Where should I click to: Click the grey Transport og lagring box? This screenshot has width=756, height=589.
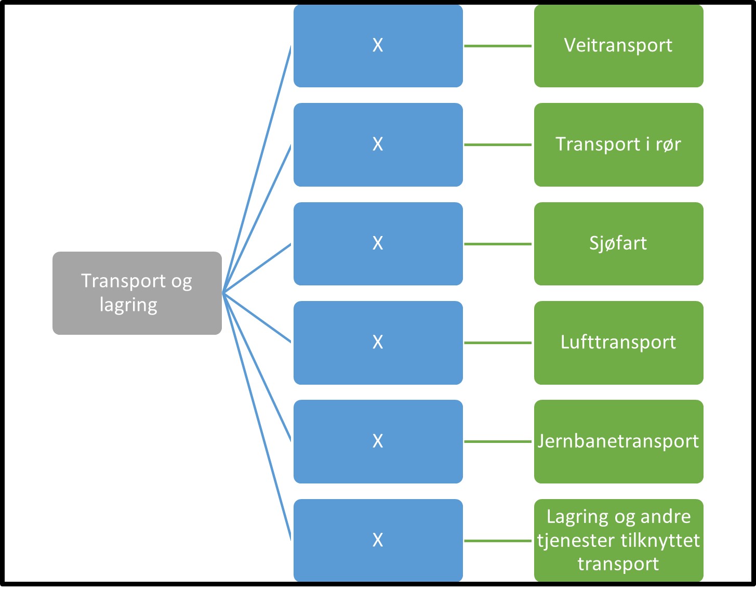[x=137, y=293]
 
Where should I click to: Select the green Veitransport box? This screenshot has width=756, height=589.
[x=618, y=46]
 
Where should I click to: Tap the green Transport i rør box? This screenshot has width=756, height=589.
[x=618, y=145]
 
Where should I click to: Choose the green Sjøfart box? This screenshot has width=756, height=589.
[x=618, y=243]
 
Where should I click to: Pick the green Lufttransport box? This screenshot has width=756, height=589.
[x=618, y=343]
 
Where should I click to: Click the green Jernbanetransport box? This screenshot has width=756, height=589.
[x=618, y=441]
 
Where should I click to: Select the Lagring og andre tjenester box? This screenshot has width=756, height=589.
[x=618, y=540]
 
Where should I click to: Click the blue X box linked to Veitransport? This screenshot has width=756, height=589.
[x=378, y=46]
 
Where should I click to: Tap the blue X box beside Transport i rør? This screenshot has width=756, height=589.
[x=378, y=145]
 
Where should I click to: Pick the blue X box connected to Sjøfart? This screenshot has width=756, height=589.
[x=378, y=243]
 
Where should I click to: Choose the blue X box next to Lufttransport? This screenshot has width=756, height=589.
[x=378, y=343]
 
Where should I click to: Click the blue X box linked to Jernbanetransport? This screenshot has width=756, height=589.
[x=378, y=441]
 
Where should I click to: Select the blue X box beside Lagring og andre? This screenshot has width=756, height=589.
[x=378, y=540]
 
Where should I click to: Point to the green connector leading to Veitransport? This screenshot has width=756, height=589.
[x=498, y=46]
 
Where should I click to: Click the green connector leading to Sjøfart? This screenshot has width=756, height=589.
[x=498, y=244]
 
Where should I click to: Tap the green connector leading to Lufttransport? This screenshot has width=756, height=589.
[x=498, y=343]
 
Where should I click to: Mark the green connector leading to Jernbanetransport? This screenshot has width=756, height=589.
[x=498, y=441]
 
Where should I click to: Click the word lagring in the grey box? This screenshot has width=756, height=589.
[x=128, y=305]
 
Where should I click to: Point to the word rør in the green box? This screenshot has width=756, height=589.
[x=668, y=145]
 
